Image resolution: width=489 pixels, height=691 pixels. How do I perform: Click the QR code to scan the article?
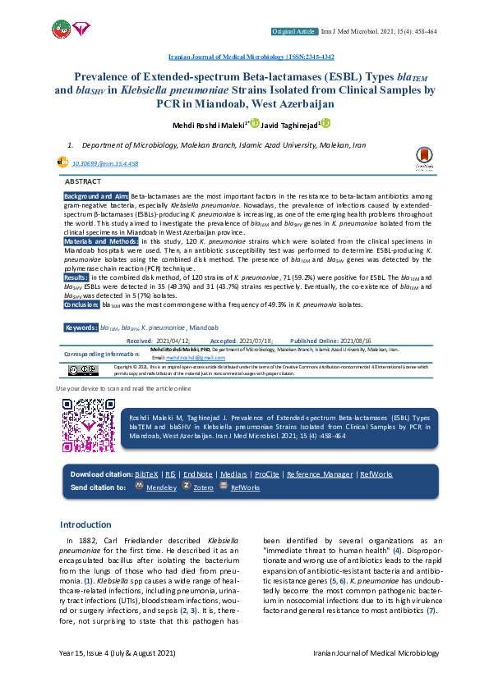(88, 424)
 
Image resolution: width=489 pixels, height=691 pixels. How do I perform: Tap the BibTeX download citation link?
(147, 474)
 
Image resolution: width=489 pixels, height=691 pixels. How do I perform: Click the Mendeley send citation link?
(161, 487)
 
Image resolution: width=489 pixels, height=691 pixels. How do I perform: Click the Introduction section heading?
(86, 524)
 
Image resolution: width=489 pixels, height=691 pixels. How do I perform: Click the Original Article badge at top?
(294, 31)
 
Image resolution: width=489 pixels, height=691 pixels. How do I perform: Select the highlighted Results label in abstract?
(76, 278)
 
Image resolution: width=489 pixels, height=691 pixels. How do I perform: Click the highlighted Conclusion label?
(81, 304)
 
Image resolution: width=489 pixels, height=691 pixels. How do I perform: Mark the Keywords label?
(81, 327)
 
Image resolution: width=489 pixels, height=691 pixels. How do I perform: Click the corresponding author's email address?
(195, 358)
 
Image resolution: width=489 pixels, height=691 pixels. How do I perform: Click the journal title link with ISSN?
(251, 58)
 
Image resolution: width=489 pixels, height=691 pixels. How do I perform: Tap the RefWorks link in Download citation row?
(376, 474)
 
